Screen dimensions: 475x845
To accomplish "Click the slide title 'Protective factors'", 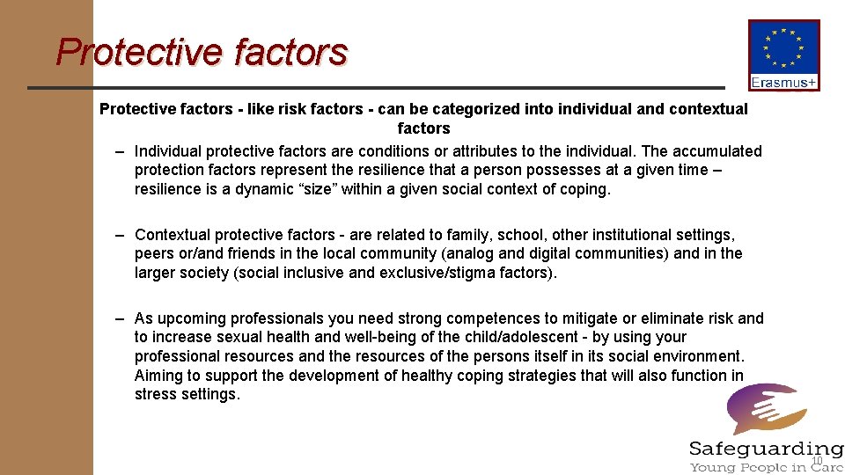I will pos(202,52).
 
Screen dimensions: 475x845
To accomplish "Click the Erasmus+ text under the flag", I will pos(783,83).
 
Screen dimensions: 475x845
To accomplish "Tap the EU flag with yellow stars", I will pos(783,48).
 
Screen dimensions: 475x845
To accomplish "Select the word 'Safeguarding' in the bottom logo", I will pos(766,449).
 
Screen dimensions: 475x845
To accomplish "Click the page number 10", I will pos(816,462).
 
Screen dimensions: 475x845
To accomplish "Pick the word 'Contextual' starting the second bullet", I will pos(173,235).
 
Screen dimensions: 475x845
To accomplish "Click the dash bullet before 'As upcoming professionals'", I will pos(118,318).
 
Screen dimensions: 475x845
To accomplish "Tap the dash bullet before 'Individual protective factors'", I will pos(118,151).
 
